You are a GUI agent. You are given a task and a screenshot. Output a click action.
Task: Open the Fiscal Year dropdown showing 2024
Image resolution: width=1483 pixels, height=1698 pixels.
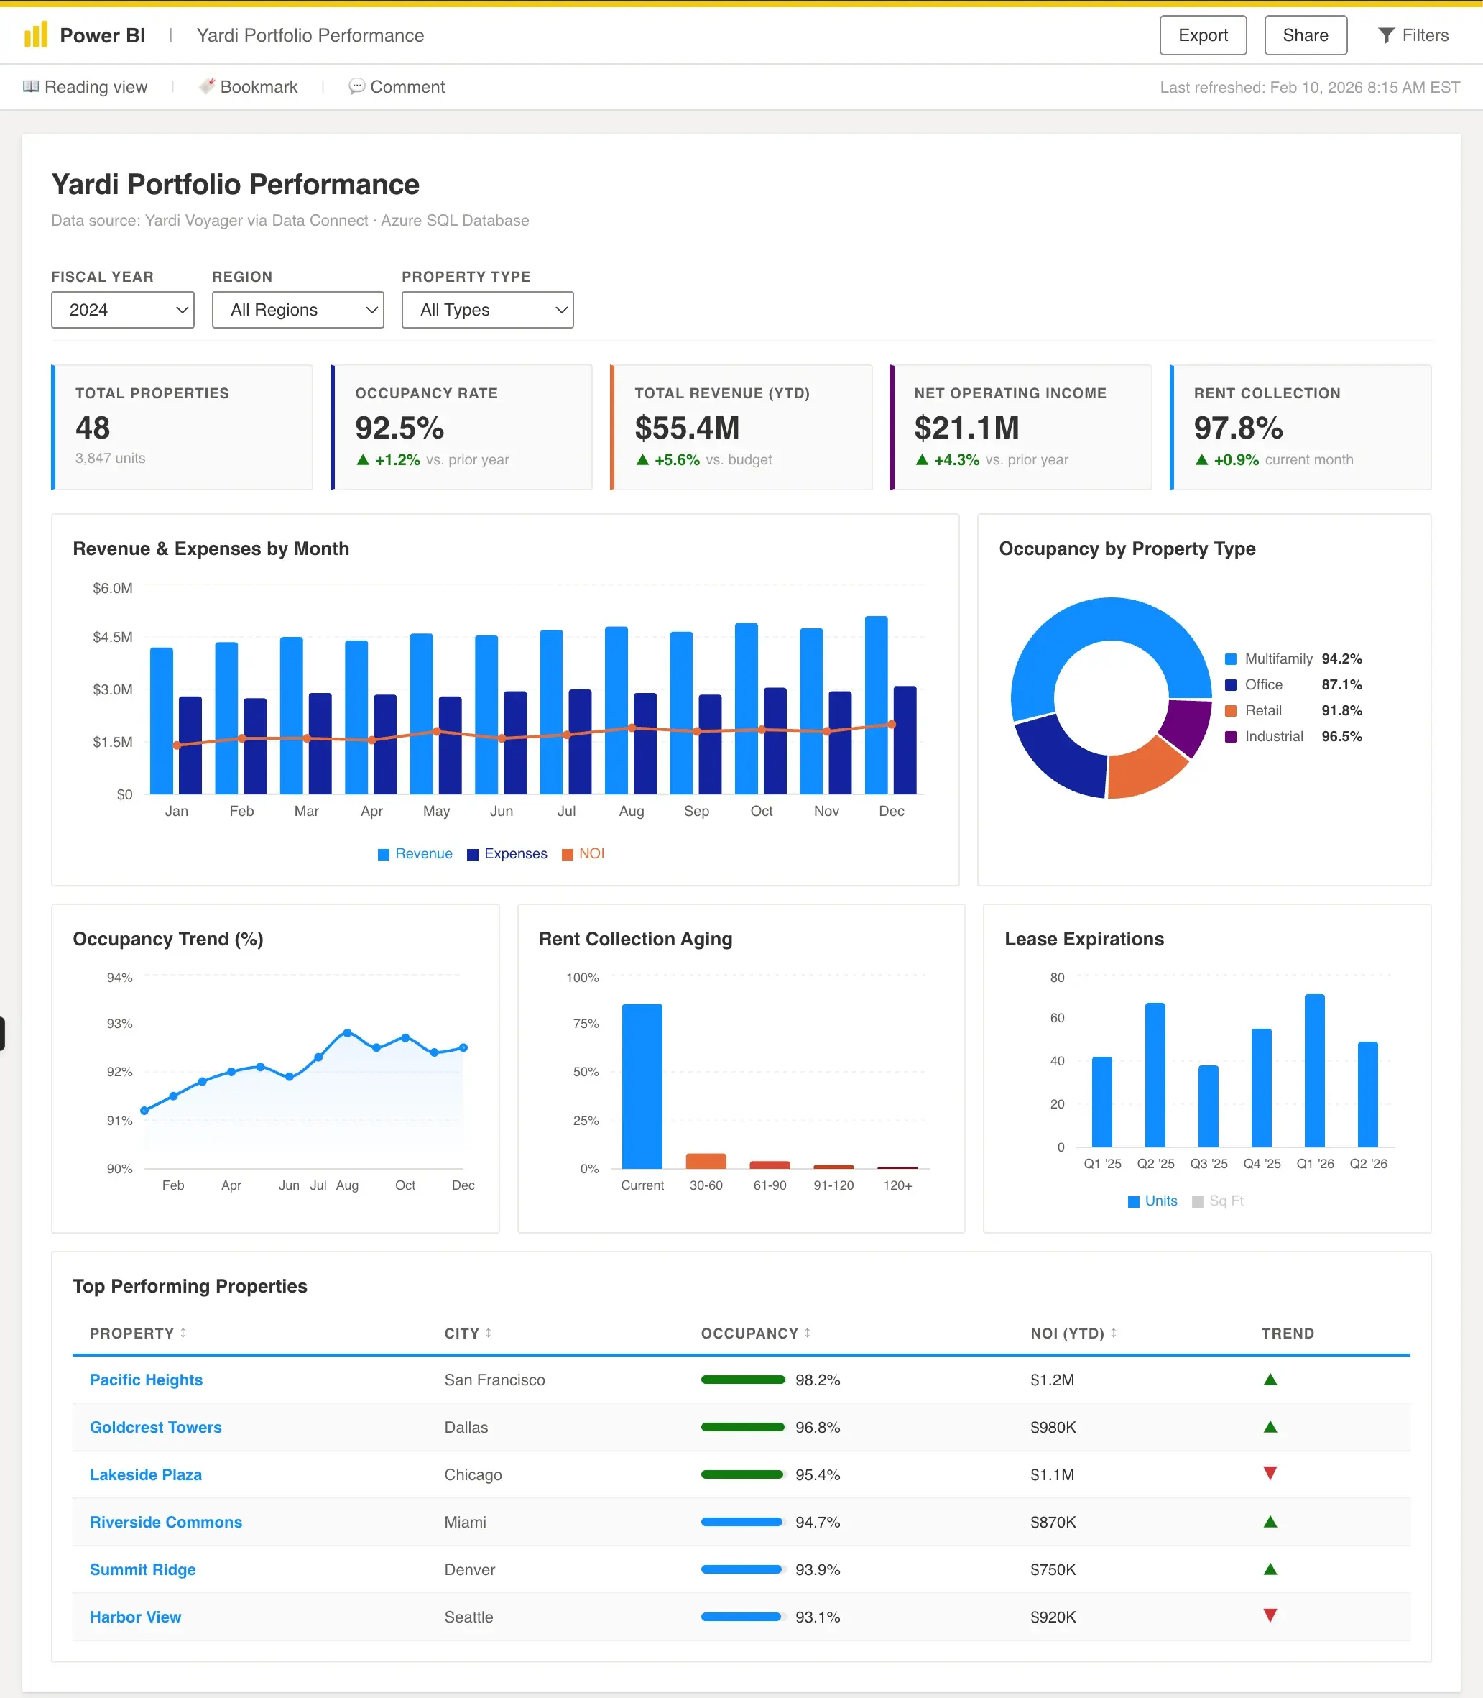coord(122,310)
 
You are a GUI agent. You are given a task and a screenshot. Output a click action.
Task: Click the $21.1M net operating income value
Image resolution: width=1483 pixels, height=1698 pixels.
coord(966,428)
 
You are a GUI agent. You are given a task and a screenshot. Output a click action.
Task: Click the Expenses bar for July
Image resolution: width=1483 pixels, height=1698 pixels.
coord(579,741)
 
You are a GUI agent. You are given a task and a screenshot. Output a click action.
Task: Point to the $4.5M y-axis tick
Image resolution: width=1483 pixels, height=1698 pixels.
coord(113,637)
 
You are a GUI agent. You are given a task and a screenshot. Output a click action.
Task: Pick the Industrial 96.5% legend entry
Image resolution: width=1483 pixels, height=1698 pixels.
coord(1293,736)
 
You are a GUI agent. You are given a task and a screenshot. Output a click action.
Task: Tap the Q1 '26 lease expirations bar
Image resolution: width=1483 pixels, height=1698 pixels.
coord(1313,1070)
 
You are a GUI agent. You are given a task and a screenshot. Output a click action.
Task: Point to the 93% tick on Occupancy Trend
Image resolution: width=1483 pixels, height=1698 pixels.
coord(120,1023)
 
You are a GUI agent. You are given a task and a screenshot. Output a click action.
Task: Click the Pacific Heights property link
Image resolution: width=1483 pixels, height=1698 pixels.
coord(147,1380)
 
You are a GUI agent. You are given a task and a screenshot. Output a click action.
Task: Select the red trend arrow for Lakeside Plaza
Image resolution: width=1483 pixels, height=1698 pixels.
coord(1270,1473)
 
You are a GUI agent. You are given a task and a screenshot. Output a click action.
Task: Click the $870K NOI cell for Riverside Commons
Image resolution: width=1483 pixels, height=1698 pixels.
coord(1053,1522)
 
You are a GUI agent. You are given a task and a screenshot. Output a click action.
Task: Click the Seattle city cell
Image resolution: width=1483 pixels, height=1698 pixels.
coord(468,1617)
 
